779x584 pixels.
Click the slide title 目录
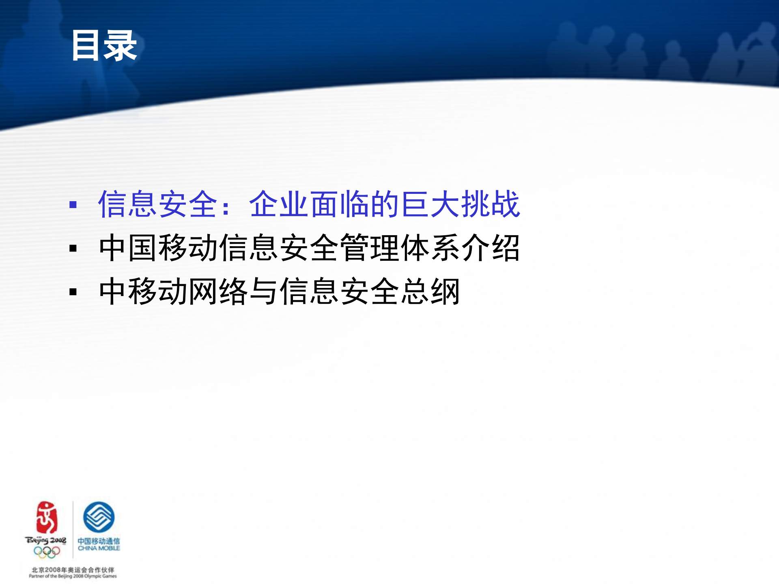pyautogui.click(x=104, y=46)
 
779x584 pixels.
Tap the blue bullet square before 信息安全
pyautogui.click(x=73, y=204)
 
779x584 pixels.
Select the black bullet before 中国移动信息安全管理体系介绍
pyautogui.click(x=73, y=248)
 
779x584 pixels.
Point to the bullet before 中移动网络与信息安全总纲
pyautogui.click(x=73, y=292)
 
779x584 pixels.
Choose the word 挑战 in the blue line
pyautogui.click(x=490, y=204)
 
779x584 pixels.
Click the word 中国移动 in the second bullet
pyautogui.click(x=158, y=248)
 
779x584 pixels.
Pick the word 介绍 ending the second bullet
pyautogui.click(x=490, y=248)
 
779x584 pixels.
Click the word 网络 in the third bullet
pyautogui.click(x=218, y=291)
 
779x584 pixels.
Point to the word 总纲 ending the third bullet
pyautogui.click(x=430, y=291)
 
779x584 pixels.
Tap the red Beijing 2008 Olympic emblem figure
pyautogui.click(x=46, y=517)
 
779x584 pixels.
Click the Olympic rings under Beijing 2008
pyautogui.click(x=47, y=552)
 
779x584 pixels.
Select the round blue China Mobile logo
pyautogui.click(x=99, y=517)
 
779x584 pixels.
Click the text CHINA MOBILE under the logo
pyautogui.click(x=99, y=548)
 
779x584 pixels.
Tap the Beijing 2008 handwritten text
pyautogui.click(x=45, y=541)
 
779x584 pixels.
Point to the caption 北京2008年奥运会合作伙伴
pyautogui.click(x=73, y=570)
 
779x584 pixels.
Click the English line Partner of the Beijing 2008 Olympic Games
pyautogui.click(x=73, y=576)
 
